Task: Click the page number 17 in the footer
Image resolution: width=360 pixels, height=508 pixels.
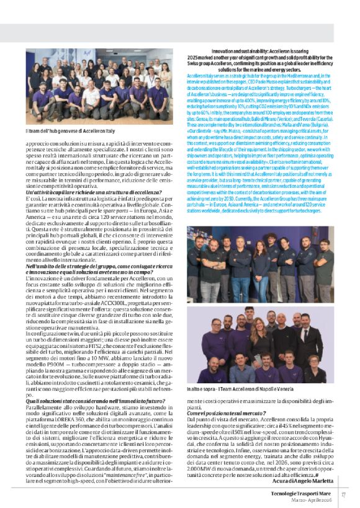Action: coord(343,494)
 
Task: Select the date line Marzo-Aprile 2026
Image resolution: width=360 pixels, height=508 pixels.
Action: coord(309,498)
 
